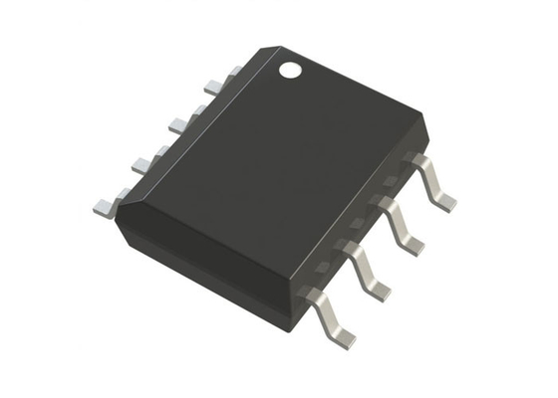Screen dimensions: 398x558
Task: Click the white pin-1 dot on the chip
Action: tap(289, 70)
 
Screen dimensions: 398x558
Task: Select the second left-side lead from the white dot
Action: tap(179, 123)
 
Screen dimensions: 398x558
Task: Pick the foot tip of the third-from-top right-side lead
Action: tap(380, 290)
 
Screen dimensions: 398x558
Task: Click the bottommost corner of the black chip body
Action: tap(289, 328)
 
